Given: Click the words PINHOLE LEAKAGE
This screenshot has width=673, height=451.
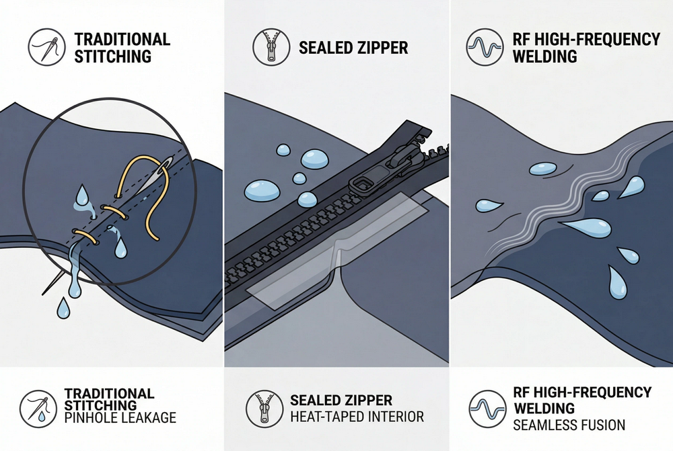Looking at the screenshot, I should click(x=120, y=417).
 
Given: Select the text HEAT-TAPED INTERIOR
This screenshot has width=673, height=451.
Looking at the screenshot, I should click(x=357, y=417).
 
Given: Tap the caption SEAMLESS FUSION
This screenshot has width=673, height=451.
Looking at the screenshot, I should click(x=570, y=425).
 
